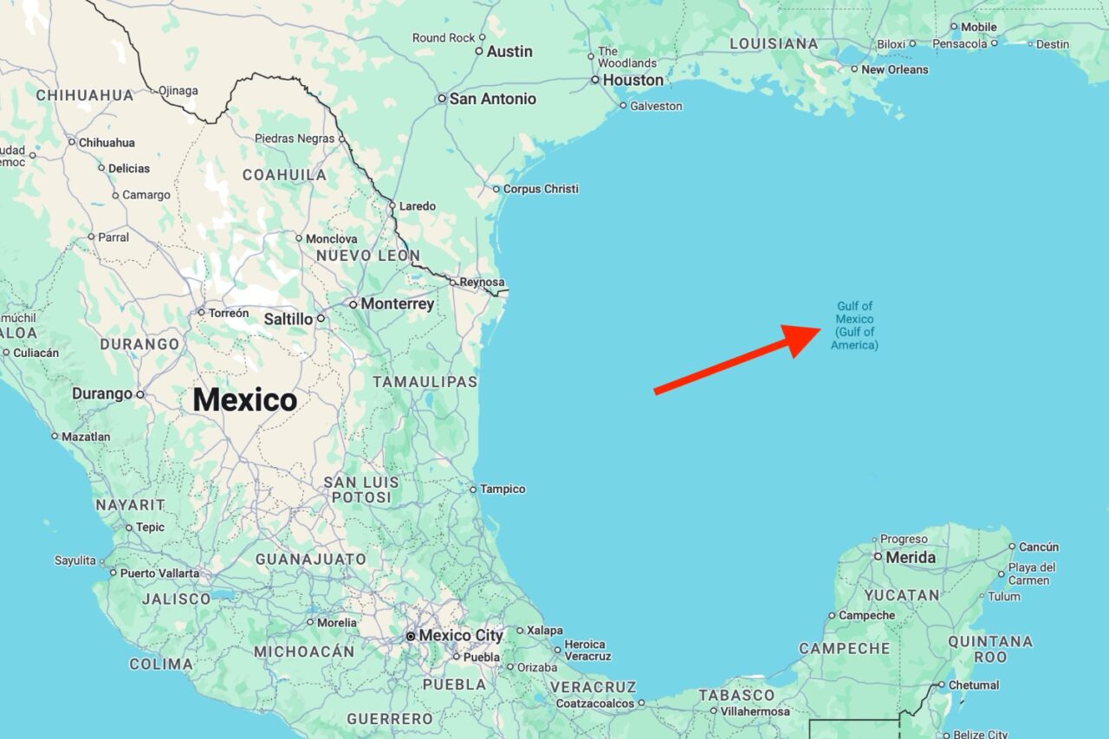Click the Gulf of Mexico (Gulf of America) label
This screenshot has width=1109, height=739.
pos(854,326)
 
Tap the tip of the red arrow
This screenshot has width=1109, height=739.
pos(820,329)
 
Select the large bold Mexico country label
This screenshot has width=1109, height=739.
pos(245,400)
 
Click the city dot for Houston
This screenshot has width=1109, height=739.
pos(595,80)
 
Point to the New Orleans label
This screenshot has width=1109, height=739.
pos(895,69)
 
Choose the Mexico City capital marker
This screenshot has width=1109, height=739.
pos(411,636)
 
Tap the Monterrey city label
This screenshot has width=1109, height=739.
pos(398,304)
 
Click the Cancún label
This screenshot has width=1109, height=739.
pos(1039,547)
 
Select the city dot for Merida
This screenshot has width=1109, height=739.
pos(878,557)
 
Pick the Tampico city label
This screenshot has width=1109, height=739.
pos(503,489)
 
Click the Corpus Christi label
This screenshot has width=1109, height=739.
pos(541,189)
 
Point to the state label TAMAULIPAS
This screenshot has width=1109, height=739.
pos(425,382)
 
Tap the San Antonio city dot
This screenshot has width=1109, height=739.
pos(441,99)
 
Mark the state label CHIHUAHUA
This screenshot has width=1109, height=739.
pos(85,95)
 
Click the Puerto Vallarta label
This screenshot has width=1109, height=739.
pos(159,573)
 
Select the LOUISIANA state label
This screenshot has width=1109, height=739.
pos(774,43)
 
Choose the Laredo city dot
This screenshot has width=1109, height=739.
pos(392,206)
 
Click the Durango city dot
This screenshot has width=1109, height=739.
pos(139,394)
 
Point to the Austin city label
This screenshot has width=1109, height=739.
pos(509,51)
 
